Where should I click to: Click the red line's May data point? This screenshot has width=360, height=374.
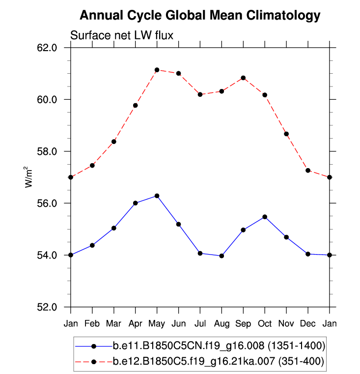pos(157,70)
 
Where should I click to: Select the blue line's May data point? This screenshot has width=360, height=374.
pos(157,196)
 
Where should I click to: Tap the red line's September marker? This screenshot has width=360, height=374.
pos(243,78)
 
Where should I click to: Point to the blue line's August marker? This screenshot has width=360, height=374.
pos(222,256)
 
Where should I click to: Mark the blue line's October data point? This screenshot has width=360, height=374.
pos(265,217)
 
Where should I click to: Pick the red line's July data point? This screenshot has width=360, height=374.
pos(200,94)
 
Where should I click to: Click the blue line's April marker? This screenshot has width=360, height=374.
pos(135,203)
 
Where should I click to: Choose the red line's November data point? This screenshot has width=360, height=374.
pos(286,134)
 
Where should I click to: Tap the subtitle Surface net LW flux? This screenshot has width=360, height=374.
pos(122,35)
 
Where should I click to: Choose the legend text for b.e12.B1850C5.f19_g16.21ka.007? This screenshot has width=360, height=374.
pos(218,362)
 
